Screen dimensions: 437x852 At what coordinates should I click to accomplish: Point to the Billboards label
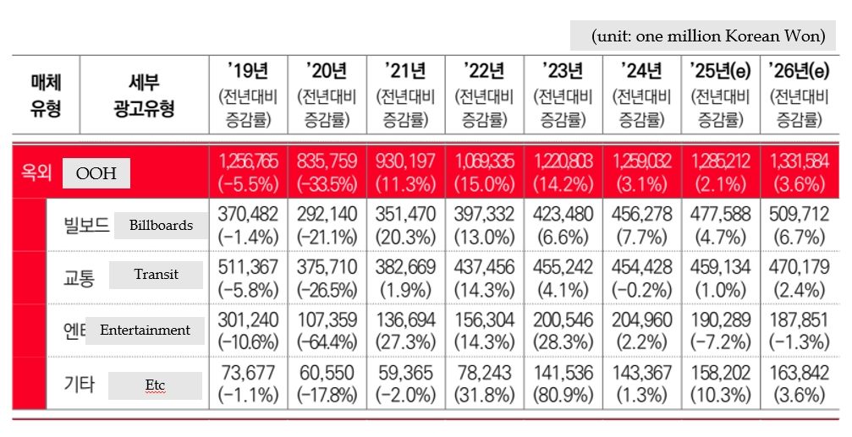(161, 226)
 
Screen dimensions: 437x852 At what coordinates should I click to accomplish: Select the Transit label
(156, 275)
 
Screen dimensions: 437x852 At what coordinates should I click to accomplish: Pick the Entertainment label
(145, 330)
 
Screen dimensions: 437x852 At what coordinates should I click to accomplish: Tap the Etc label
(155, 385)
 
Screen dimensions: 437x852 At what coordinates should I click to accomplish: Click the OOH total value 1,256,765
(248, 161)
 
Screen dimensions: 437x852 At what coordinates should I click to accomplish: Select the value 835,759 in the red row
(326, 161)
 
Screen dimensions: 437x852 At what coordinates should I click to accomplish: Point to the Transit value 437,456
(483, 267)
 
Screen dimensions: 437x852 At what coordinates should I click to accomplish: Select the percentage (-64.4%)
(326, 342)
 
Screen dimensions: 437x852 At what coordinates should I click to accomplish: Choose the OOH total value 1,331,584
(798, 161)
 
